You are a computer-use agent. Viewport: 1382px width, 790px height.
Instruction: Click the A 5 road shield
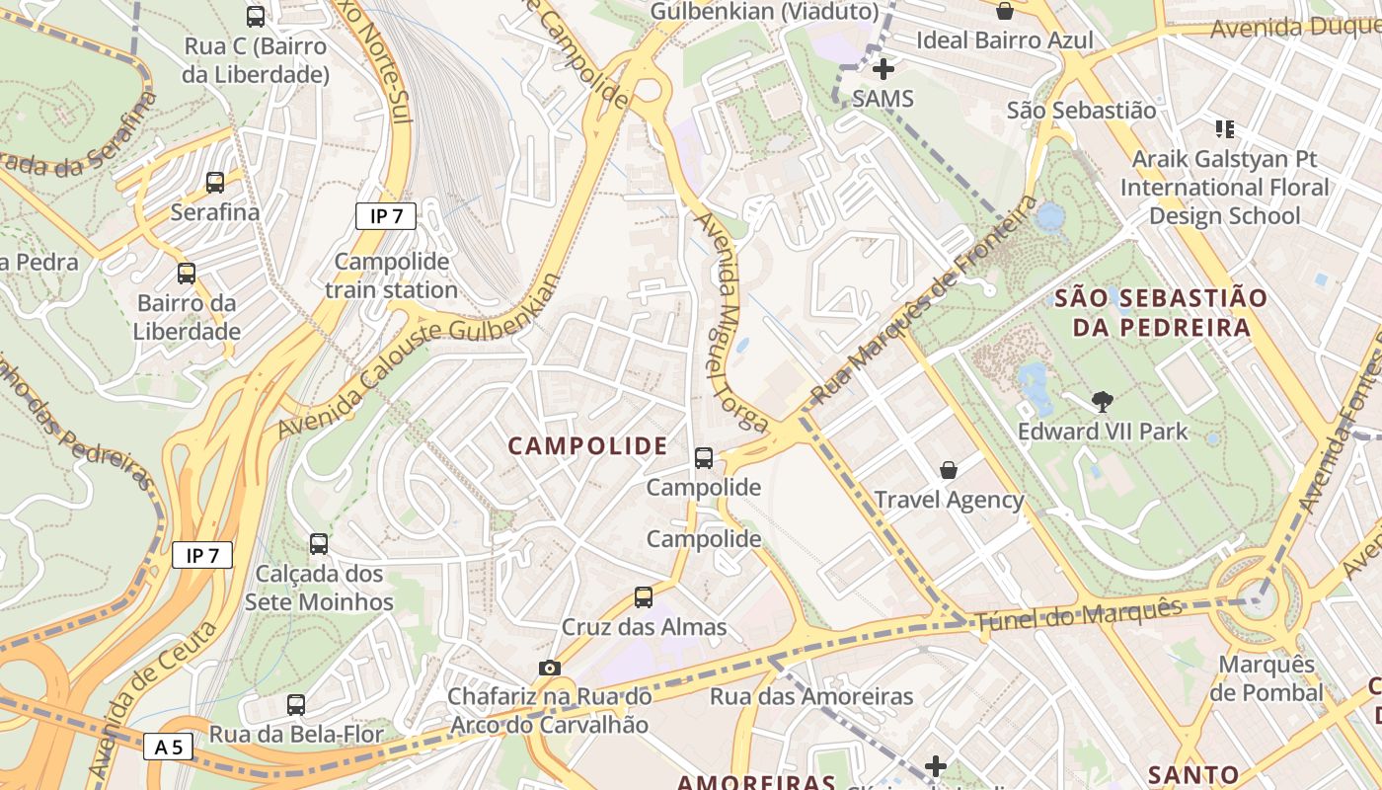169,747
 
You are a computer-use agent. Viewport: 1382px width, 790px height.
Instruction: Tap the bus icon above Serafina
215,183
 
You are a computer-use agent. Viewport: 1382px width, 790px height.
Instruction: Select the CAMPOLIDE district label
587,446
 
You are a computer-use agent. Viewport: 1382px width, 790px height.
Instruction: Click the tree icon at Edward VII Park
1103,402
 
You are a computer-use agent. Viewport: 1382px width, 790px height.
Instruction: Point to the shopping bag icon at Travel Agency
949,470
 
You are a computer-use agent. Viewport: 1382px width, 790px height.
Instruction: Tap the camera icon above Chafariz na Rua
550,669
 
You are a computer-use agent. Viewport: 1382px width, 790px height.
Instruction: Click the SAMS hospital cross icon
883,69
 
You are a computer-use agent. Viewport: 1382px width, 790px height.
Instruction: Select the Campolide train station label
392,276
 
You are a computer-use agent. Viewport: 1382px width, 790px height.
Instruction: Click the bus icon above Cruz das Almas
644,597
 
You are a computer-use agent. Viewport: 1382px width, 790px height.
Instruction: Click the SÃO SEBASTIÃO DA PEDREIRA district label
1145,312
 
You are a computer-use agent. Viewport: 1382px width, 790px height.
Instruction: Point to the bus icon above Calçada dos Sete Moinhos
319,544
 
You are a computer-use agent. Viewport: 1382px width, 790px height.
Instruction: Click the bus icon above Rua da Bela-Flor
296,705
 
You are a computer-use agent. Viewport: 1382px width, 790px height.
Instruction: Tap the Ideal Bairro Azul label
1005,40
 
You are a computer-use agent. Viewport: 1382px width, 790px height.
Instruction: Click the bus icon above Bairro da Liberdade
187,274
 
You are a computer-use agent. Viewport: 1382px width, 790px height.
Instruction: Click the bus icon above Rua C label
256,17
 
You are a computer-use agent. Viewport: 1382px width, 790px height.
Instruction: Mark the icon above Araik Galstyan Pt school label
1225,128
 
